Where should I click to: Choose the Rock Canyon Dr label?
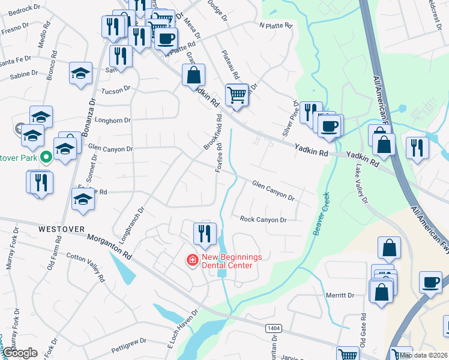pos(264,220)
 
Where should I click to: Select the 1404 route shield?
pos(274,328)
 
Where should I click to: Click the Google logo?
pos(20,353)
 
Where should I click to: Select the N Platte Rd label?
pos(275,26)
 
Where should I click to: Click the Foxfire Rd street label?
pos(219,158)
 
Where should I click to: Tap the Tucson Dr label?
pos(116,89)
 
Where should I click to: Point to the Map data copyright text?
pos(423,355)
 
